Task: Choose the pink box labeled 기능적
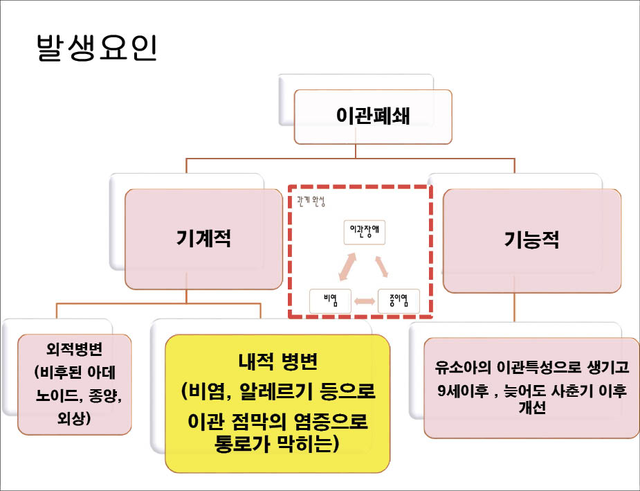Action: coord(531,240)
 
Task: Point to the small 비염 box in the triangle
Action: coord(330,300)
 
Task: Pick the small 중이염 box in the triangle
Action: coord(399,300)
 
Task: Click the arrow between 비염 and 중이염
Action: coord(364,301)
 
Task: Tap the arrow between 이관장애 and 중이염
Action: coord(381,267)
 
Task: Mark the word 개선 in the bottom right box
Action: coord(533,408)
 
